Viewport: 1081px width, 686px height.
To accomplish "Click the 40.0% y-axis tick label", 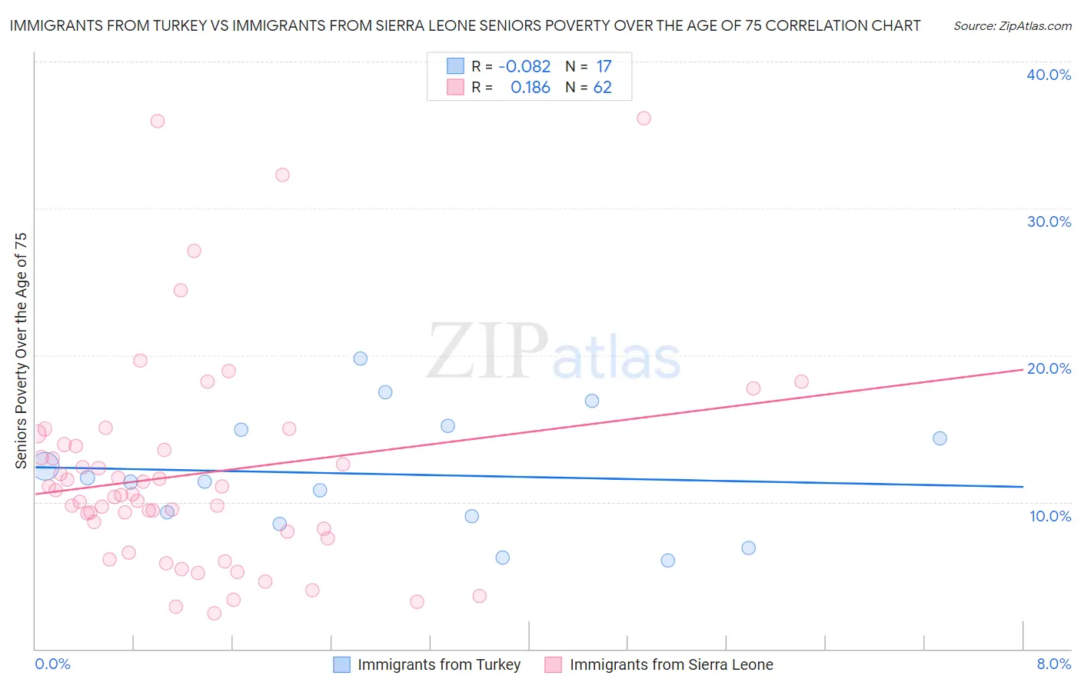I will tap(1049, 75).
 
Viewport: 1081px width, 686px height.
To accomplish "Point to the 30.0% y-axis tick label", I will tap(1049, 221).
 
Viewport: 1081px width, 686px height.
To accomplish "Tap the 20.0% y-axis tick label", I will tap(1049, 368).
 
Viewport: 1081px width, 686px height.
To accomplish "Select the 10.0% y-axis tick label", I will tap(1050, 516).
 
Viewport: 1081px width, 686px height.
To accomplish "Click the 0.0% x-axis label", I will tap(52, 664).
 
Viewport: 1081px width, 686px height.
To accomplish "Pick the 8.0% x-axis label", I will tap(1053, 664).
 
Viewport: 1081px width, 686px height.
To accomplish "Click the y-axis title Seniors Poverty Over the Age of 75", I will tap(22, 350).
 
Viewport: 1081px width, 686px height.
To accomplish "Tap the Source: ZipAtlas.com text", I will tap(1012, 26).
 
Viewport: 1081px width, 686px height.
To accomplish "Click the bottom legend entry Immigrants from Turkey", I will tap(438, 664).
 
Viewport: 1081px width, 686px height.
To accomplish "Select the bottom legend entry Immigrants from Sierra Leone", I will tap(670, 664).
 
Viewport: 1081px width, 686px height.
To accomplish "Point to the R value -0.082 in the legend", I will tap(524, 67).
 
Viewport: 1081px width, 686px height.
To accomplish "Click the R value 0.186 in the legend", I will tap(530, 88).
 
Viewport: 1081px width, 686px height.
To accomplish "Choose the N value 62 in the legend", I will tap(603, 88).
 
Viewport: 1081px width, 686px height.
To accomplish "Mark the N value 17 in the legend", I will tap(604, 67).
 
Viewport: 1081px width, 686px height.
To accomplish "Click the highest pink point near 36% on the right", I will tap(644, 118).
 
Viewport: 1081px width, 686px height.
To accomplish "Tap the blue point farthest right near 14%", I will tap(940, 438).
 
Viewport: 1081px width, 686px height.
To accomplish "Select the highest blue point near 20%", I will tap(360, 358).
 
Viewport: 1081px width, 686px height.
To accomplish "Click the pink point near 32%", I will tap(282, 175).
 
